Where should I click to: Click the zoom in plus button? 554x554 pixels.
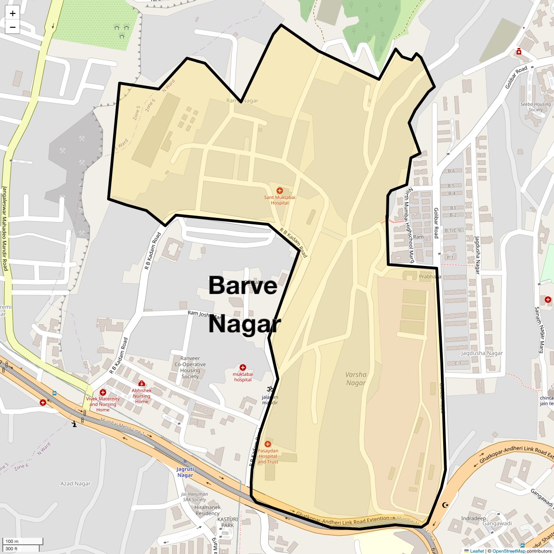point(12,13)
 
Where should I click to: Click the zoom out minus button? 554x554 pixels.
point(12,27)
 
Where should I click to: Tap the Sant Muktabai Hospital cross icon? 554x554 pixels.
point(279,191)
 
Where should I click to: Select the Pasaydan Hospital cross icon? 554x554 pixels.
point(267,444)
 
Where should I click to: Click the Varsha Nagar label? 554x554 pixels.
point(356,379)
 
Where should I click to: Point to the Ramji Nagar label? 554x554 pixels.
point(242,101)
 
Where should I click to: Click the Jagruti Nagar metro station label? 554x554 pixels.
point(185,472)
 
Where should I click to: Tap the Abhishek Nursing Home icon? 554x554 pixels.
point(142,384)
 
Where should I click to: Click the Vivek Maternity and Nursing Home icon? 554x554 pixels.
point(102,392)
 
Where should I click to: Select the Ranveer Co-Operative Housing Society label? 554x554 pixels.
point(190,367)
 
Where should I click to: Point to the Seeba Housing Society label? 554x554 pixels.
point(536,107)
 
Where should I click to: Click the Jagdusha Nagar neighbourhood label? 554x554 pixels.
point(482,353)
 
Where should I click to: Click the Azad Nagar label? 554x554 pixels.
point(75,483)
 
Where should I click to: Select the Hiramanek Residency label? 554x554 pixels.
point(208,510)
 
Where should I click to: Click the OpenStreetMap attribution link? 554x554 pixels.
point(508,551)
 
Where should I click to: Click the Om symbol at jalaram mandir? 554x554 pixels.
point(270,389)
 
